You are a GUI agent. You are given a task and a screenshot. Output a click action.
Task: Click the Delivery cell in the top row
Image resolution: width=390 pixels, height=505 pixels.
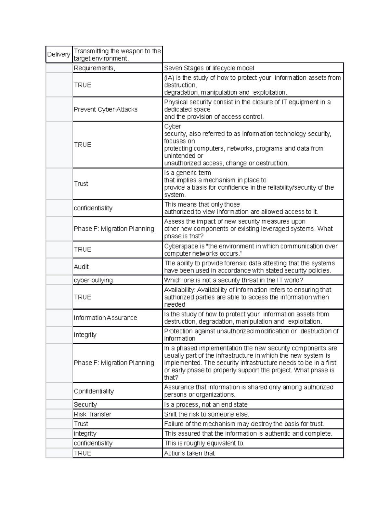(x=58, y=54)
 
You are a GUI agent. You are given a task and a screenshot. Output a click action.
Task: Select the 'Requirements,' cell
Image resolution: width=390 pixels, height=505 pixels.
(x=94, y=68)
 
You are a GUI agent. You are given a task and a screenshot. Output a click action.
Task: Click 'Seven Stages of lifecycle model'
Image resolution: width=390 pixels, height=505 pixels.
(x=209, y=68)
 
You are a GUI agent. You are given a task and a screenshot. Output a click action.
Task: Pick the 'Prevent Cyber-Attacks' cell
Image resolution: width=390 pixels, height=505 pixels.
(x=106, y=109)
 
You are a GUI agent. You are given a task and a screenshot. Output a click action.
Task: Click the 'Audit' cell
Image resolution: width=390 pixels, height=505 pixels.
(x=81, y=267)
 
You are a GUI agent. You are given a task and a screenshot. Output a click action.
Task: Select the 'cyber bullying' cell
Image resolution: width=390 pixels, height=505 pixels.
(x=93, y=280)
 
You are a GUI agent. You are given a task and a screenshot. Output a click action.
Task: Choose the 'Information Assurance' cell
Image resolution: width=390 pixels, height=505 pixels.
(x=105, y=318)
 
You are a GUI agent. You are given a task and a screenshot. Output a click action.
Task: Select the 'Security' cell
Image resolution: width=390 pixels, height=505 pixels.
(x=85, y=405)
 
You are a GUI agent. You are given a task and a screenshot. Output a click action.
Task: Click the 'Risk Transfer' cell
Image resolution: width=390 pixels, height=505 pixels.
(x=93, y=414)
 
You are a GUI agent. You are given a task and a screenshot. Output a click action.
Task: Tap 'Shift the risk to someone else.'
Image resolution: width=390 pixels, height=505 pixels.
(x=206, y=414)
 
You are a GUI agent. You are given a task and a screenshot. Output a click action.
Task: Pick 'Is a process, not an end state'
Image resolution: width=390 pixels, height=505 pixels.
(x=206, y=405)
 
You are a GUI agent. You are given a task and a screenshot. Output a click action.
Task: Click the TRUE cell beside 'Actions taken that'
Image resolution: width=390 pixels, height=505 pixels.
(x=83, y=453)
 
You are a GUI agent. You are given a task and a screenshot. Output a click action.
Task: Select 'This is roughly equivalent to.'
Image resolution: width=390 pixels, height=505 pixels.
(x=204, y=443)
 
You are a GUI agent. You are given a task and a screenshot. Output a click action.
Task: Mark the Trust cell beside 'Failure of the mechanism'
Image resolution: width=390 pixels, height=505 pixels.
(x=81, y=424)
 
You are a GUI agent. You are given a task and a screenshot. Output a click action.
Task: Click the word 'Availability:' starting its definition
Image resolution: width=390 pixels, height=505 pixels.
(x=180, y=290)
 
